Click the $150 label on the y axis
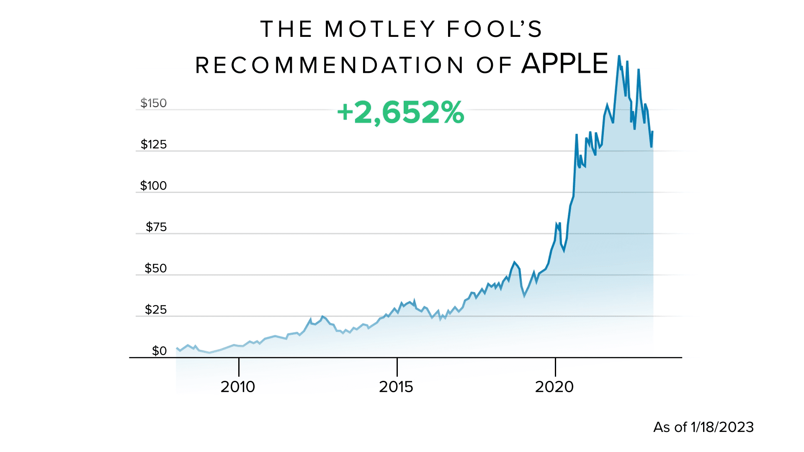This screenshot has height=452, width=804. pyautogui.click(x=153, y=103)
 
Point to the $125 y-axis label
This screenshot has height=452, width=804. pyautogui.click(x=153, y=144)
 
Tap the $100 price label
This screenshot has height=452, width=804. pyautogui.click(x=153, y=185)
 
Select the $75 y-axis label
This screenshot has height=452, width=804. pyautogui.click(x=156, y=227)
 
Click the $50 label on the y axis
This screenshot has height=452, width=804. pyautogui.click(x=155, y=268)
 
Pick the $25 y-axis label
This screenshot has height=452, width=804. pyautogui.click(x=155, y=310)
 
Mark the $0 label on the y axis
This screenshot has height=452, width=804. pyautogui.click(x=159, y=351)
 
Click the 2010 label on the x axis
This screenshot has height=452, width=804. pyautogui.click(x=238, y=387)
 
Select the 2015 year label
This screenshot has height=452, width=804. pyautogui.click(x=396, y=387)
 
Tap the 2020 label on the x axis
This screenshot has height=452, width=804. pyautogui.click(x=554, y=387)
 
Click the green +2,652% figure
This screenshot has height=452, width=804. pyautogui.click(x=401, y=112)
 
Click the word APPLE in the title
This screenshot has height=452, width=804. pyautogui.click(x=564, y=64)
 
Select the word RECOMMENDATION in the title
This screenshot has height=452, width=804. pyautogui.click(x=330, y=66)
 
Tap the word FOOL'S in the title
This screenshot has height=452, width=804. pyautogui.click(x=495, y=29)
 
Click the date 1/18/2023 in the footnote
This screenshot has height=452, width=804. pyautogui.click(x=722, y=427)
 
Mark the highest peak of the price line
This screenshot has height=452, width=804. pyautogui.click(x=619, y=56)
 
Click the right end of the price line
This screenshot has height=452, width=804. pyautogui.click(x=652, y=132)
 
